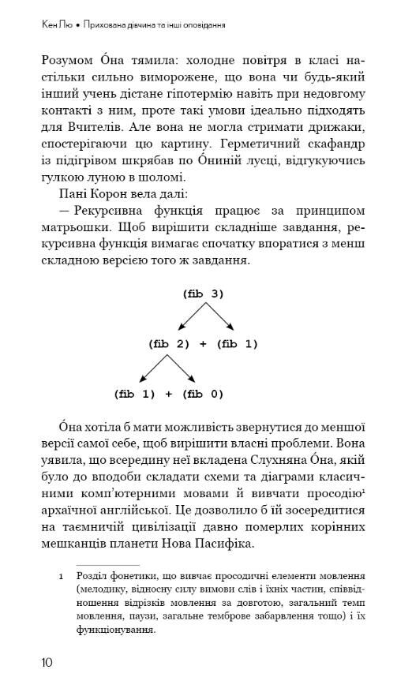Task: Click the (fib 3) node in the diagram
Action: click(204, 294)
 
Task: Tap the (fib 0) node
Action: click(204, 393)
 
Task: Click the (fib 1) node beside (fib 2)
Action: click(237, 343)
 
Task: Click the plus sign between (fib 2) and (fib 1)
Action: click(204, 343)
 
